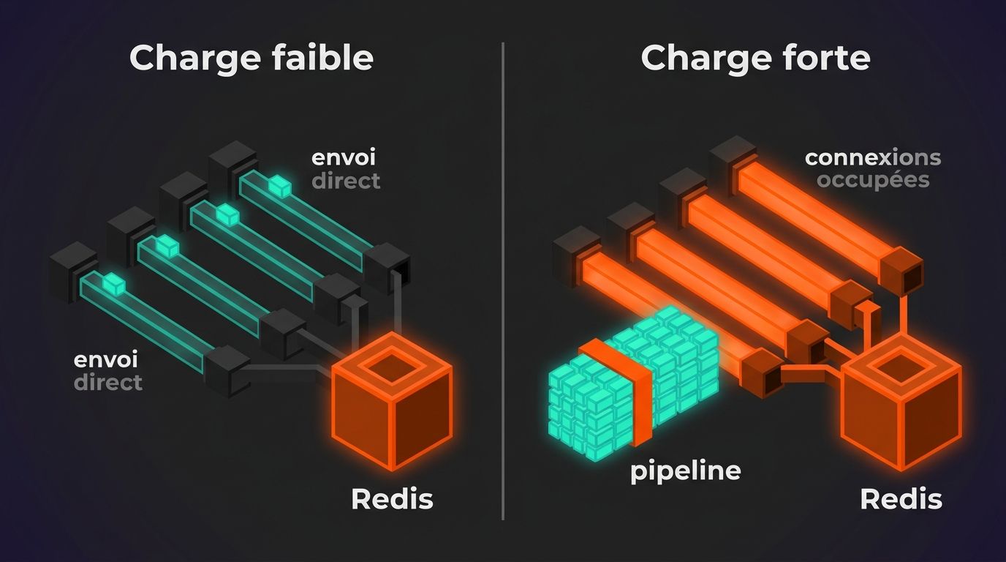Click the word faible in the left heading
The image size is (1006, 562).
click(322, 58)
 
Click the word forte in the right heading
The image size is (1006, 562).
click(824, 58)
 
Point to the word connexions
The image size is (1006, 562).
click(873, 157)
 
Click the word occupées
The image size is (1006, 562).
click(873, 181)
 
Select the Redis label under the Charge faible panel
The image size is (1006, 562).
click(392, 499)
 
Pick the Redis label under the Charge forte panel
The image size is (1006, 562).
click(901, 499)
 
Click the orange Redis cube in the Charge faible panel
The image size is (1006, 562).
click(392, 400)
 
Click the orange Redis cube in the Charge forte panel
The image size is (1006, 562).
click(901, 401)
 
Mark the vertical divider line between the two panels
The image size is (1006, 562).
click(502, 281)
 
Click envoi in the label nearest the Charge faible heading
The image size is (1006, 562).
click(344, 157)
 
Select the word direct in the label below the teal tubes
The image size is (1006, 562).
click(108, 383)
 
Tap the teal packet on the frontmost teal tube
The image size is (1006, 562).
click(113, 284)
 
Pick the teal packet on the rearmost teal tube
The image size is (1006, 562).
click(280, 186)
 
